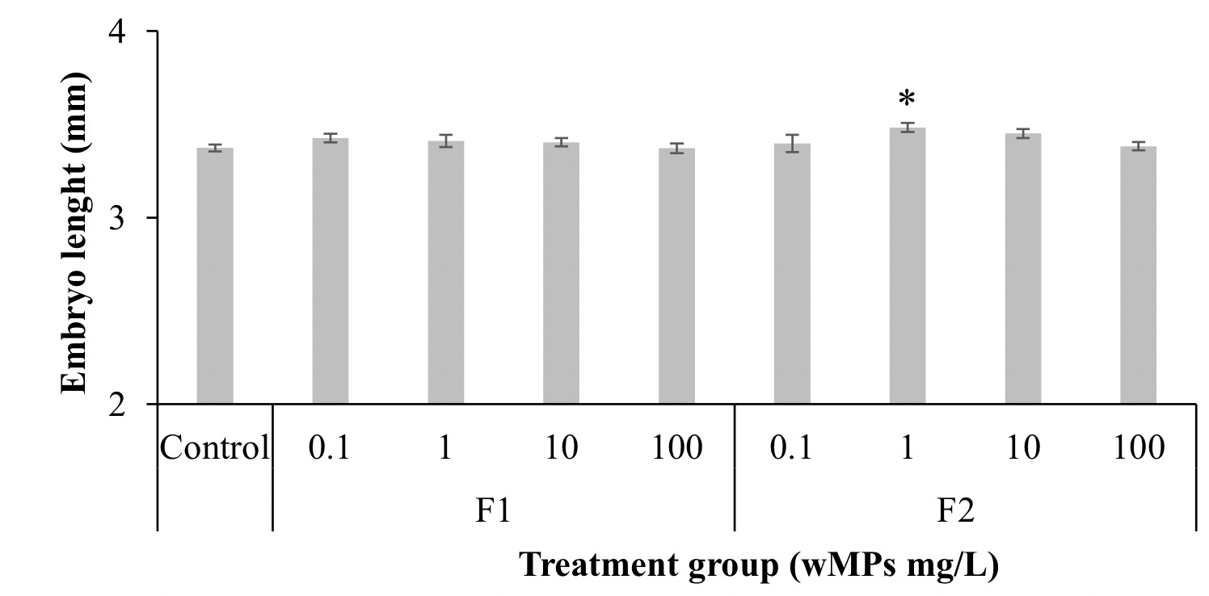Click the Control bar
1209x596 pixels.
click(215, 275)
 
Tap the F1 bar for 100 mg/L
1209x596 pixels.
click(676, 275)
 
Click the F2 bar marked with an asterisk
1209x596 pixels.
click(908, 266)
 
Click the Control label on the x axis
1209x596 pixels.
click(214, 447)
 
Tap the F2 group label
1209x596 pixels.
click(965, 512)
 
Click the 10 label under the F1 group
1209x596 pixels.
click(561, 447)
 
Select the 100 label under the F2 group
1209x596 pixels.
click(1138, 447)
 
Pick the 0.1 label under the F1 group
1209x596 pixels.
click(331, 447)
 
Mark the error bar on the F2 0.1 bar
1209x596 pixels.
click(792, 144)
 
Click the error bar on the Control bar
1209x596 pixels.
click(215, 149)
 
